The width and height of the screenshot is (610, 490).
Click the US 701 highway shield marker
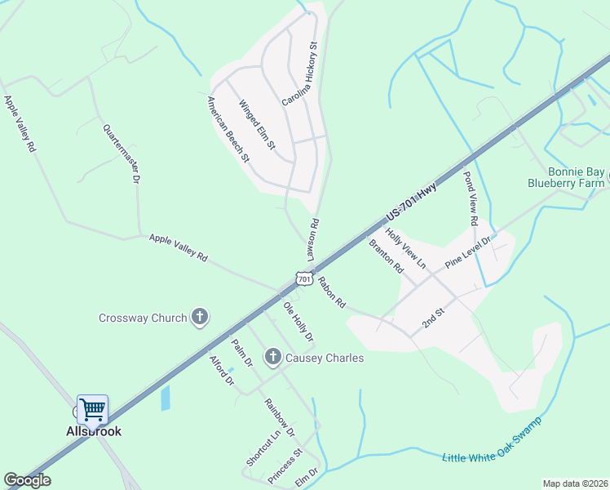pyautogui.click(x=304, y=278)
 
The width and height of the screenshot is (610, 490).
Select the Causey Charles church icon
pyautogui.click(x=272, y=357)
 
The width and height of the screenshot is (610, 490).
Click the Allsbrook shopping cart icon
pyautogui.click(x=92, y=408)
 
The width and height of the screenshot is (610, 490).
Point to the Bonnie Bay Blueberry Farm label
pyautogui.click(x=564, y=178)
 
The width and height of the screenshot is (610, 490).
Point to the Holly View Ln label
pyautogui.click(x=406, y=248)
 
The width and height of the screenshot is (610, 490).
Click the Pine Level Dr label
pyautogui.click(x=467, y=254)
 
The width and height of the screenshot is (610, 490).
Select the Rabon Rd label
pyautogui.click(x=333, y=292)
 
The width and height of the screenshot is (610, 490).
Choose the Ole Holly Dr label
pyautogui.click(x=298, y=321)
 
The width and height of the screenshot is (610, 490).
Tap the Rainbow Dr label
pyautogui.click(x=279, y=416)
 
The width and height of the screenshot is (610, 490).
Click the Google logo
pyautogui.click(x=28, y=480)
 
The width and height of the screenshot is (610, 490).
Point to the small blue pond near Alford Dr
pyautogui.click(x=166, y=398)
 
